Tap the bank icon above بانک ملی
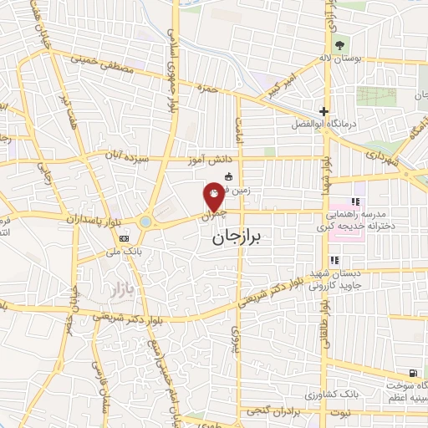tap(124, 238)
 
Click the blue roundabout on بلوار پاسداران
tap(147, 222)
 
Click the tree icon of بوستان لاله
tap(339, 45)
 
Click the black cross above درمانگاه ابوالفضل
tap(324, 111)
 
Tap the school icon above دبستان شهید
tap(335, 260)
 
